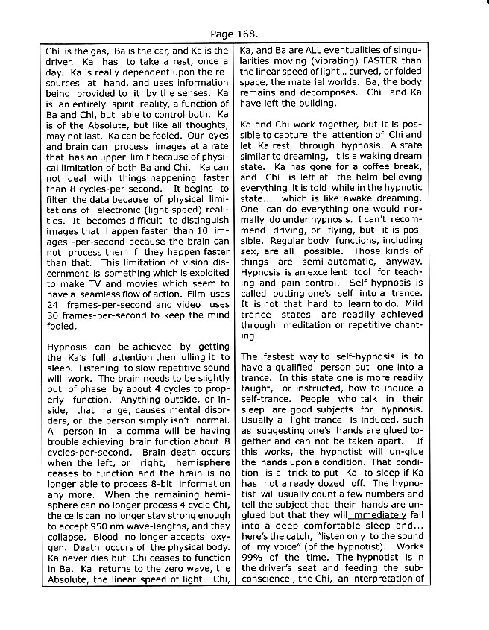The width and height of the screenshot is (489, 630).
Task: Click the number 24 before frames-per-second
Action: (x=53, y=295)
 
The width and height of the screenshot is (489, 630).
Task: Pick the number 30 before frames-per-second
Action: (x=53, y=306)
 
